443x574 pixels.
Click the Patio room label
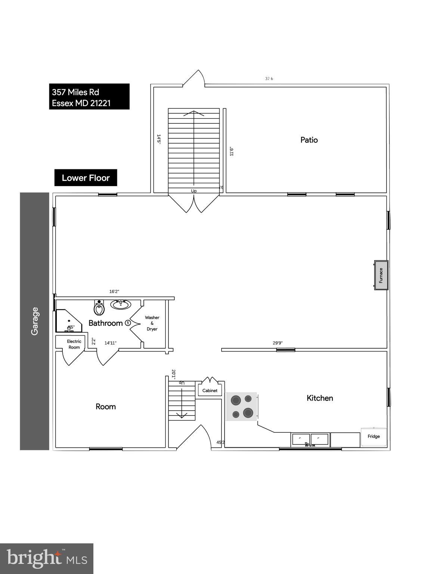pos(309,140)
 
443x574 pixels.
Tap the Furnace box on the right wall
pos(381,275)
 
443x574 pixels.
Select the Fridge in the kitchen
pos(374,436)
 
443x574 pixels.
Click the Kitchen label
pos(320,398)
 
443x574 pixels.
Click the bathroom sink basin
pos(121,305)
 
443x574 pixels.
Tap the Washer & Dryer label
pos(152,323)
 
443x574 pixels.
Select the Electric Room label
pos(74,344)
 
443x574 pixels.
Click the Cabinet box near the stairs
pos(210,391)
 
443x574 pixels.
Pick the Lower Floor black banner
pos(86,178)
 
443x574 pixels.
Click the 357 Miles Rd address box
pos(89,97)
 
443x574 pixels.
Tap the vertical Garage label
pos(35,321)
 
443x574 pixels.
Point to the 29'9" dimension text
pos(278,343)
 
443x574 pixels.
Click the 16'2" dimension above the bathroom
pos(114,291)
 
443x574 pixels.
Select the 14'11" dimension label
pos(110,343)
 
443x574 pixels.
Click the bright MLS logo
pos(47,559)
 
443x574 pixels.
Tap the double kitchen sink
pos(310,439)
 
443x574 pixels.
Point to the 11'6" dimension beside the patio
pos(232,151)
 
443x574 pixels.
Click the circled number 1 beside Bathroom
pos(128,323)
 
